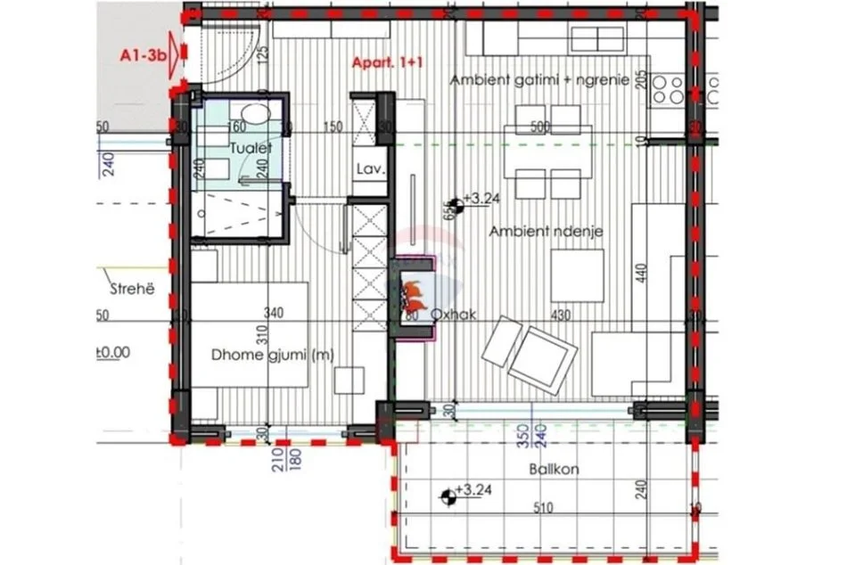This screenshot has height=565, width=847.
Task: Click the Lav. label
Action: pos(368,168)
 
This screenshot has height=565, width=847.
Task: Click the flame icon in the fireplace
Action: pos(414,292)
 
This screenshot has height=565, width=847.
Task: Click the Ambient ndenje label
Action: pos(547,231)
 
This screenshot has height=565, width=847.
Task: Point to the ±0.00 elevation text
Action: pos(112,351)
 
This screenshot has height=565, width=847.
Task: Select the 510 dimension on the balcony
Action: pos(543,509)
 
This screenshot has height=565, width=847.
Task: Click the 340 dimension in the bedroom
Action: pos(275,314)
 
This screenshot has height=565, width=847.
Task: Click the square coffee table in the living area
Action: pos(577,275)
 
